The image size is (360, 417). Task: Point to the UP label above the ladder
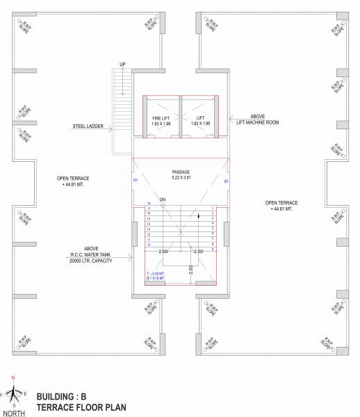click(123, 65)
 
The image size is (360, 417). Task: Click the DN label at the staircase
click(163, 201)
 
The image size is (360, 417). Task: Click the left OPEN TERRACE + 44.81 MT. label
click(74, 181)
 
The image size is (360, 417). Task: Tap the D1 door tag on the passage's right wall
click(227, 181)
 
